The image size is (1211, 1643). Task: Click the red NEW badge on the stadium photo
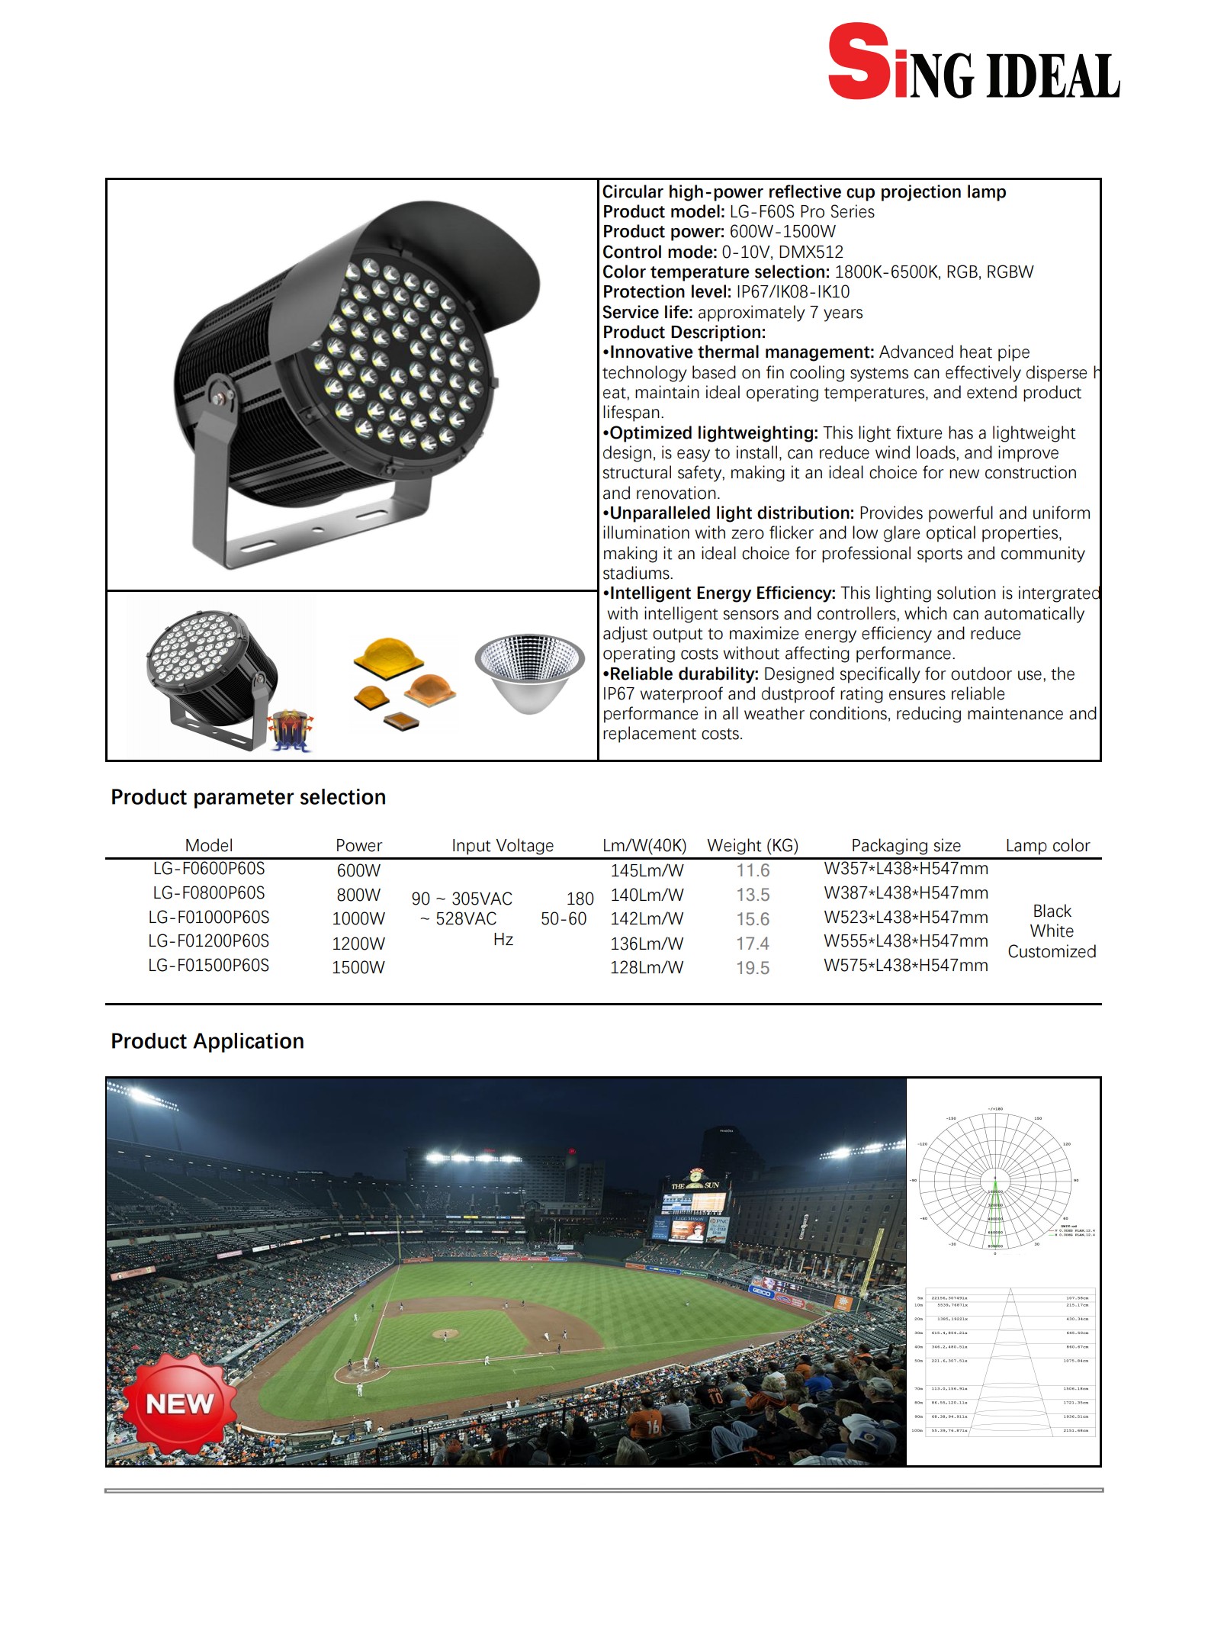179,1404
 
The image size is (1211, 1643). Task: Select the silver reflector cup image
529,671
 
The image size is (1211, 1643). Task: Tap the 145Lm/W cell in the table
647,870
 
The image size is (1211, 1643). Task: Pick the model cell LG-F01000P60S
208,918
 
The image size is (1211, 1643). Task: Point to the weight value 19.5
752,968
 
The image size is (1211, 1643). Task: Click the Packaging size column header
905,845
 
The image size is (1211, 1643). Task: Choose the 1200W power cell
358,944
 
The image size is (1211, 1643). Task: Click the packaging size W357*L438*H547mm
905,869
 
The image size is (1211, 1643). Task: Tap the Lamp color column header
1047,845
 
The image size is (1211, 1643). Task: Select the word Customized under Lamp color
1052,952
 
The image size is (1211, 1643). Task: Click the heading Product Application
207,1041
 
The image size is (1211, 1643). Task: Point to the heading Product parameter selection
248,797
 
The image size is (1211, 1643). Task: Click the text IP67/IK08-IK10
792,292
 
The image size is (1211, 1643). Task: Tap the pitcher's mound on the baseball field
445,1334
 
